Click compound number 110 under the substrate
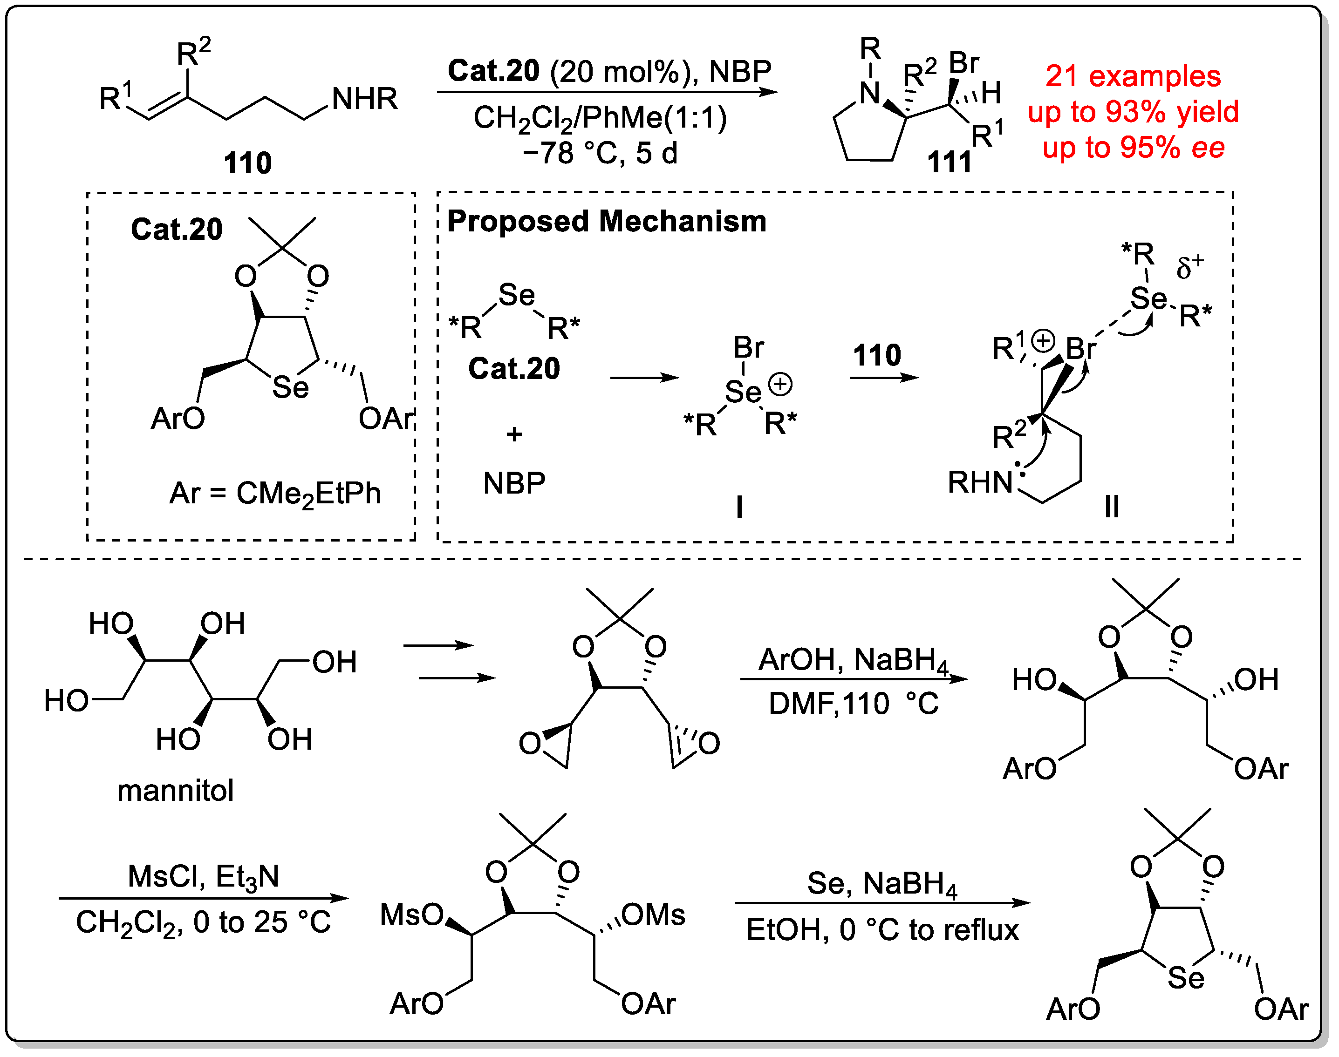247,163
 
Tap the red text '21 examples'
1133,76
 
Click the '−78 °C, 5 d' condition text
600,153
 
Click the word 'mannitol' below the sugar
176,790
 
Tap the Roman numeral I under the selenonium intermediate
739,508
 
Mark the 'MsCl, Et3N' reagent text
203,876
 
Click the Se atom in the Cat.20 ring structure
290,388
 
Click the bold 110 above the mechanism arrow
876,355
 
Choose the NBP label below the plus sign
514,483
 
